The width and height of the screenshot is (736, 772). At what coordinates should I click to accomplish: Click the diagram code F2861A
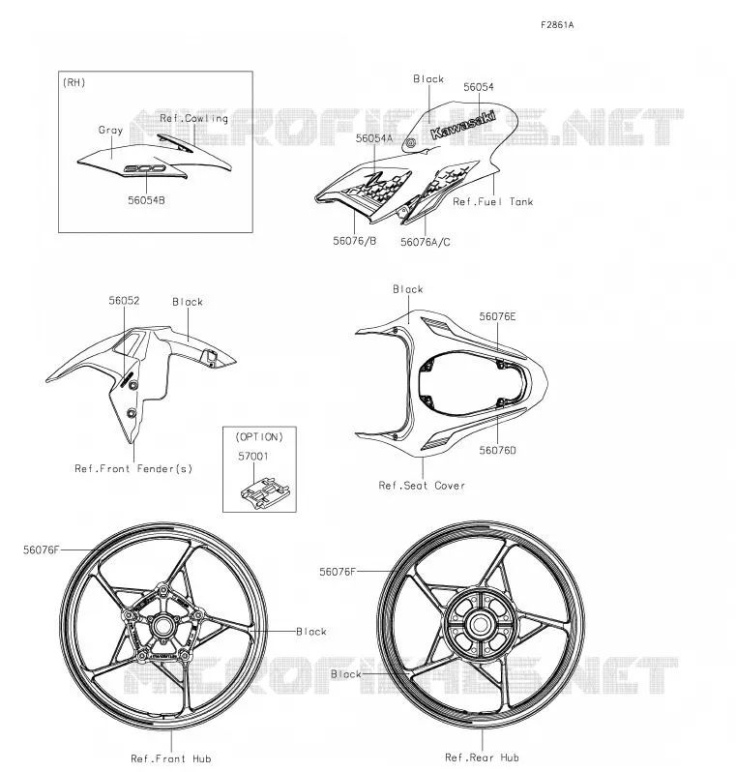click(x=557, y=24)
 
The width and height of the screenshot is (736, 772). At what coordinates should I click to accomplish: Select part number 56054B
click(x=146, y=200)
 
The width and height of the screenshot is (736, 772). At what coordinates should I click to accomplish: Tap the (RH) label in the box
click(x=74, y=82)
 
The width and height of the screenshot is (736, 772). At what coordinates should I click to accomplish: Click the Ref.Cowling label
click(x=194, y=119)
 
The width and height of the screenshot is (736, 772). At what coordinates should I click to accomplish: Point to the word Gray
click(x=110, y=130)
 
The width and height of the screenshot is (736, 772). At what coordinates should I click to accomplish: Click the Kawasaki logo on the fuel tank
click(x=462, y=125)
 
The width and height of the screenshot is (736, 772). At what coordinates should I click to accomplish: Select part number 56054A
click(x=374, y=138)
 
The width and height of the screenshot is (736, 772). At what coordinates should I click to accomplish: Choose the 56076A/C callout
click(x=425, y=242)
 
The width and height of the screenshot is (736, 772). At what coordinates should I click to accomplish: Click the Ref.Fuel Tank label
click(x=493, y=201)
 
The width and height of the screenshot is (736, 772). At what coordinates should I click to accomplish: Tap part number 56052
click(x=124, y=300)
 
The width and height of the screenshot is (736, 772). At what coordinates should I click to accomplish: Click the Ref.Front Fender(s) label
click(x=133, y=468)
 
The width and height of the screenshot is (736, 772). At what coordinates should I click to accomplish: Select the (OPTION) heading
click(x=259, y=436)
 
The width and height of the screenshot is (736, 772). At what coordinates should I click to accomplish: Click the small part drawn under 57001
click(x=264, y=492)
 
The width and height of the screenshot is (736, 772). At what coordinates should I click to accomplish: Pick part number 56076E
click(x=497, y=316)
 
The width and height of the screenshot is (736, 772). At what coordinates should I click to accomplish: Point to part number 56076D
click(x=497, y=450)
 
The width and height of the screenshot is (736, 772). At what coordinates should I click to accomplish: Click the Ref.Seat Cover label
click(x=422, y=486)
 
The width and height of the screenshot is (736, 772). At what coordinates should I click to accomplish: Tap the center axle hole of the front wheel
click(x=162, y=626)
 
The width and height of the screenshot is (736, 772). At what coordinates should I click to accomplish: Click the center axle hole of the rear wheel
click(x=480, y=625)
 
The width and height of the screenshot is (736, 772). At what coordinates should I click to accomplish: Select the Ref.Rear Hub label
click(x=482, y=757)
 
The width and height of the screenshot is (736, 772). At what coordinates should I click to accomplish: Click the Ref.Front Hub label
click(x=171, y=758)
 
